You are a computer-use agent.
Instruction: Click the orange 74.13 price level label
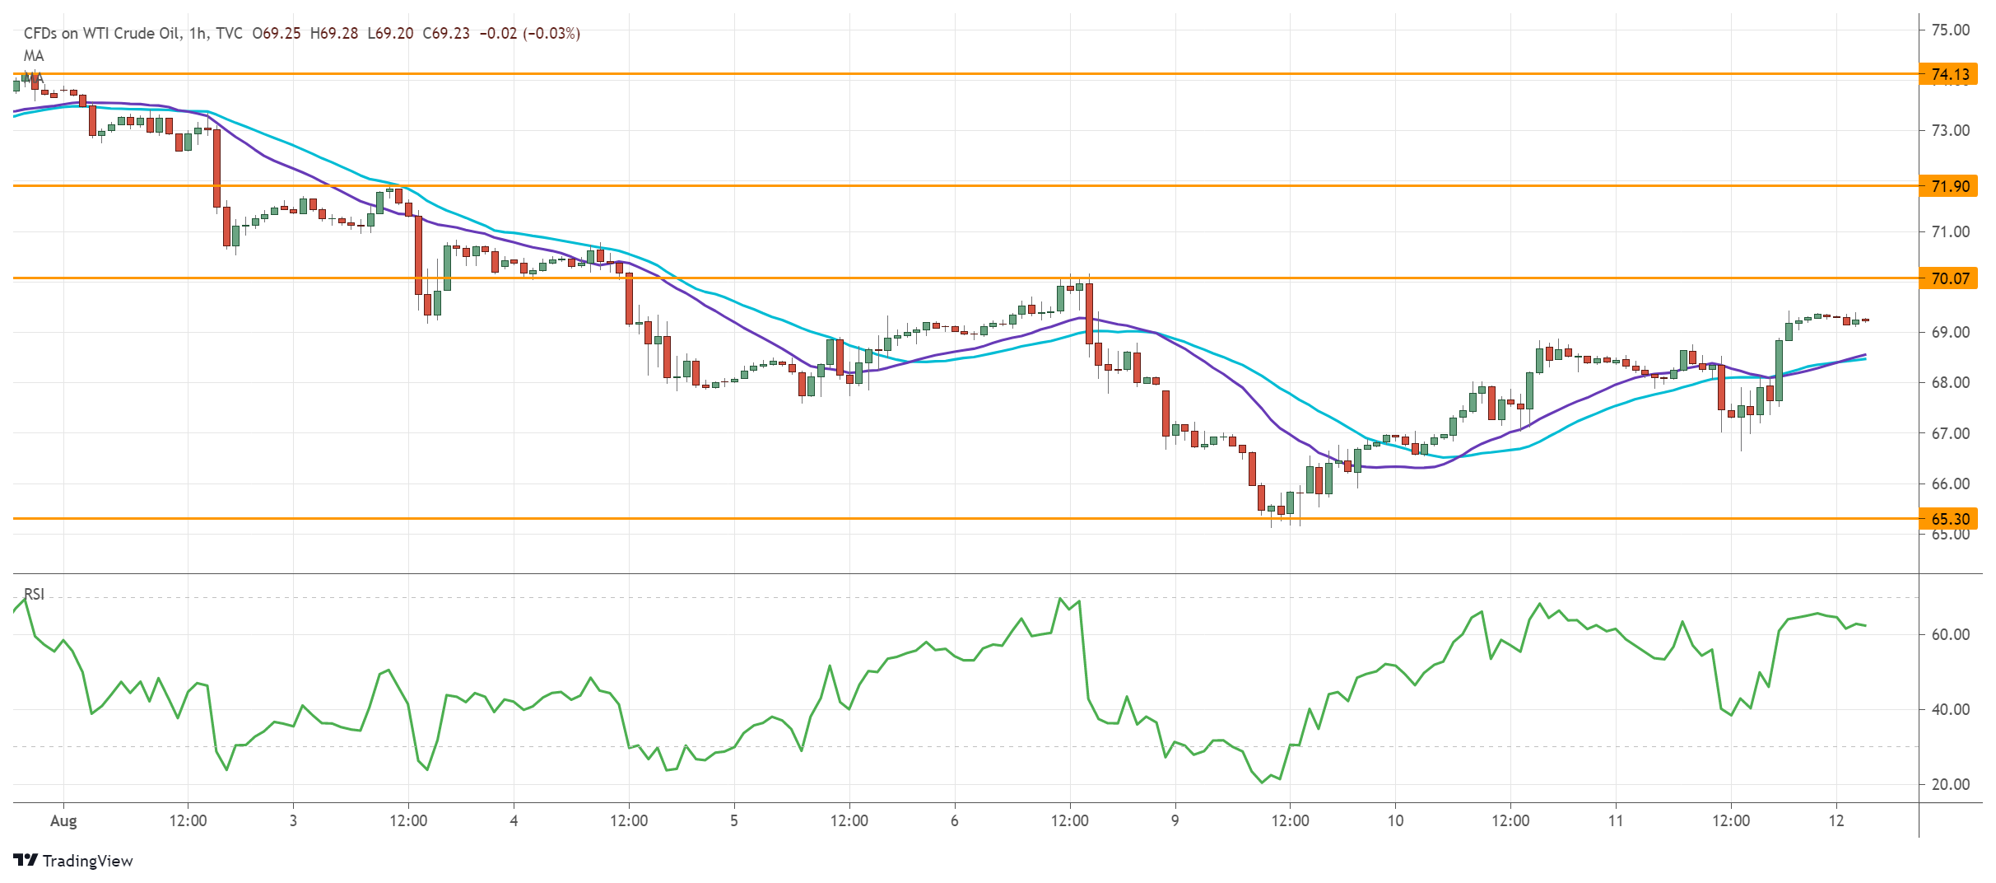click(x=1950, y=75)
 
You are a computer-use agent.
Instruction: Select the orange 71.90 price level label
click(x=1950, y=186)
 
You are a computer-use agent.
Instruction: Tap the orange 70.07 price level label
click(x=1950, y=278)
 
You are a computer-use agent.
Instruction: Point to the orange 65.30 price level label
click(x=1950, y=519)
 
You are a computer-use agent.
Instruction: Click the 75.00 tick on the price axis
click(x=1950, y=30)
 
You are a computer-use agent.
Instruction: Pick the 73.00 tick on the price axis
click(x=1950, y=131)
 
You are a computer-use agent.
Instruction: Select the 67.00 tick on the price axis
click(x=1950, y=433)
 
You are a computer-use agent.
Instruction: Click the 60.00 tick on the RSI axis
click(x=1950, y=634)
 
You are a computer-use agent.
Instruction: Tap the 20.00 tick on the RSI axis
click(x=1950, y=784)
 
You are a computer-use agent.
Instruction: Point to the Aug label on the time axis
click(x=63, y=820)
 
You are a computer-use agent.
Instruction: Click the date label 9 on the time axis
click(x=1175, y=820)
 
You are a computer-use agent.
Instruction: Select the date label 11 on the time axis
click(x=1616, y=820)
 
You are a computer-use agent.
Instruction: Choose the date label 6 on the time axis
click(x=954, y=820)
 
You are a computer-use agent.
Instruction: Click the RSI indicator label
click(x=34, y=594)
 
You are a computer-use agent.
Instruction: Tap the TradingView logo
click(x=73, y=861)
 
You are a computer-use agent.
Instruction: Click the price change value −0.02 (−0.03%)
click(x=530, y=34)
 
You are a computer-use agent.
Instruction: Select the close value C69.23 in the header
click(x=446, y=34)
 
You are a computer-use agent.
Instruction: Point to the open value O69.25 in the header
click(x=277, y=34)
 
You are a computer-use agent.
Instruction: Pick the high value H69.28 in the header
click(x=334, y=34)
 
